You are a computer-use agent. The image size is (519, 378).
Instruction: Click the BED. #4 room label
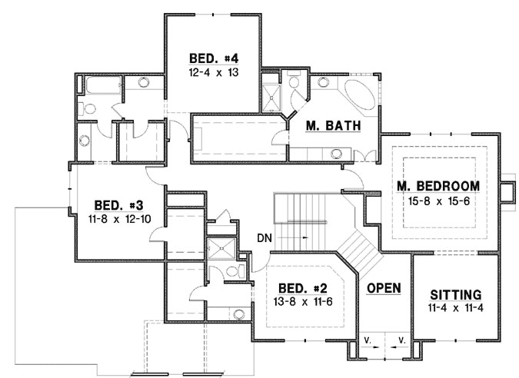214,58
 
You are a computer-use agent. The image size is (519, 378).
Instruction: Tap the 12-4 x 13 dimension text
214,72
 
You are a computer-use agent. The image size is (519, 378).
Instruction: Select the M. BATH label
333,126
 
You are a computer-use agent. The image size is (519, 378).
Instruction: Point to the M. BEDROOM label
438,186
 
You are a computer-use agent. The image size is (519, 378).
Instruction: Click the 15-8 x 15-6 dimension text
438,201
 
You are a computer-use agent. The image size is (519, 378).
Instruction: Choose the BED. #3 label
119,205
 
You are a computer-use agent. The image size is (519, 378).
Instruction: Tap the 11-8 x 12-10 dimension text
119,219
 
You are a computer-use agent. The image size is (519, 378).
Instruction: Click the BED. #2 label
303,288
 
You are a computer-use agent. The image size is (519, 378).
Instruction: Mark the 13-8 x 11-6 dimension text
303,302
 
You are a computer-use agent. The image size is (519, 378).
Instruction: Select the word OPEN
384,288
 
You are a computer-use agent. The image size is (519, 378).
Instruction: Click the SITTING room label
456,295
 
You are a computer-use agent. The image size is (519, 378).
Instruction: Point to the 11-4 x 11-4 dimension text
456,308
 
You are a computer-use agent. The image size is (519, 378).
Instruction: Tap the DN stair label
264,238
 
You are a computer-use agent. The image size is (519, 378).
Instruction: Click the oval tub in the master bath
360,93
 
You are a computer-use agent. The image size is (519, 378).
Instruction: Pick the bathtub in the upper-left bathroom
103,85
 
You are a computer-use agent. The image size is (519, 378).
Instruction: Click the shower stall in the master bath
271,98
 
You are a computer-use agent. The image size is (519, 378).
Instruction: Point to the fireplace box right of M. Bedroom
507,192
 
